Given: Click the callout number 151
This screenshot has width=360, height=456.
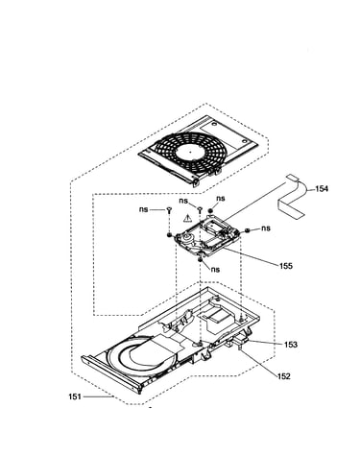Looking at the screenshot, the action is coord(74,396).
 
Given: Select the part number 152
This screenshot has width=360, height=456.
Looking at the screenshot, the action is coord(284,376).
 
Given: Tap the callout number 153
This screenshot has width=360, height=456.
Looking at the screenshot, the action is coord(291,345).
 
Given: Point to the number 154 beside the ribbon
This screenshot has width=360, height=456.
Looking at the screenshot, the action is coord(322,189).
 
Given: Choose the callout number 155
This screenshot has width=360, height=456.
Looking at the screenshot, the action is coord(286,266).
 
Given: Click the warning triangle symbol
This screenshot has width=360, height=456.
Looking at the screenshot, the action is coord(186,219).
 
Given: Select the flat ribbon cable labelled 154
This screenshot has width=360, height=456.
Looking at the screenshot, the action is coord(293,199).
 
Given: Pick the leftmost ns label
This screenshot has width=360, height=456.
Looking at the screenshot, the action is coord(144,209).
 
